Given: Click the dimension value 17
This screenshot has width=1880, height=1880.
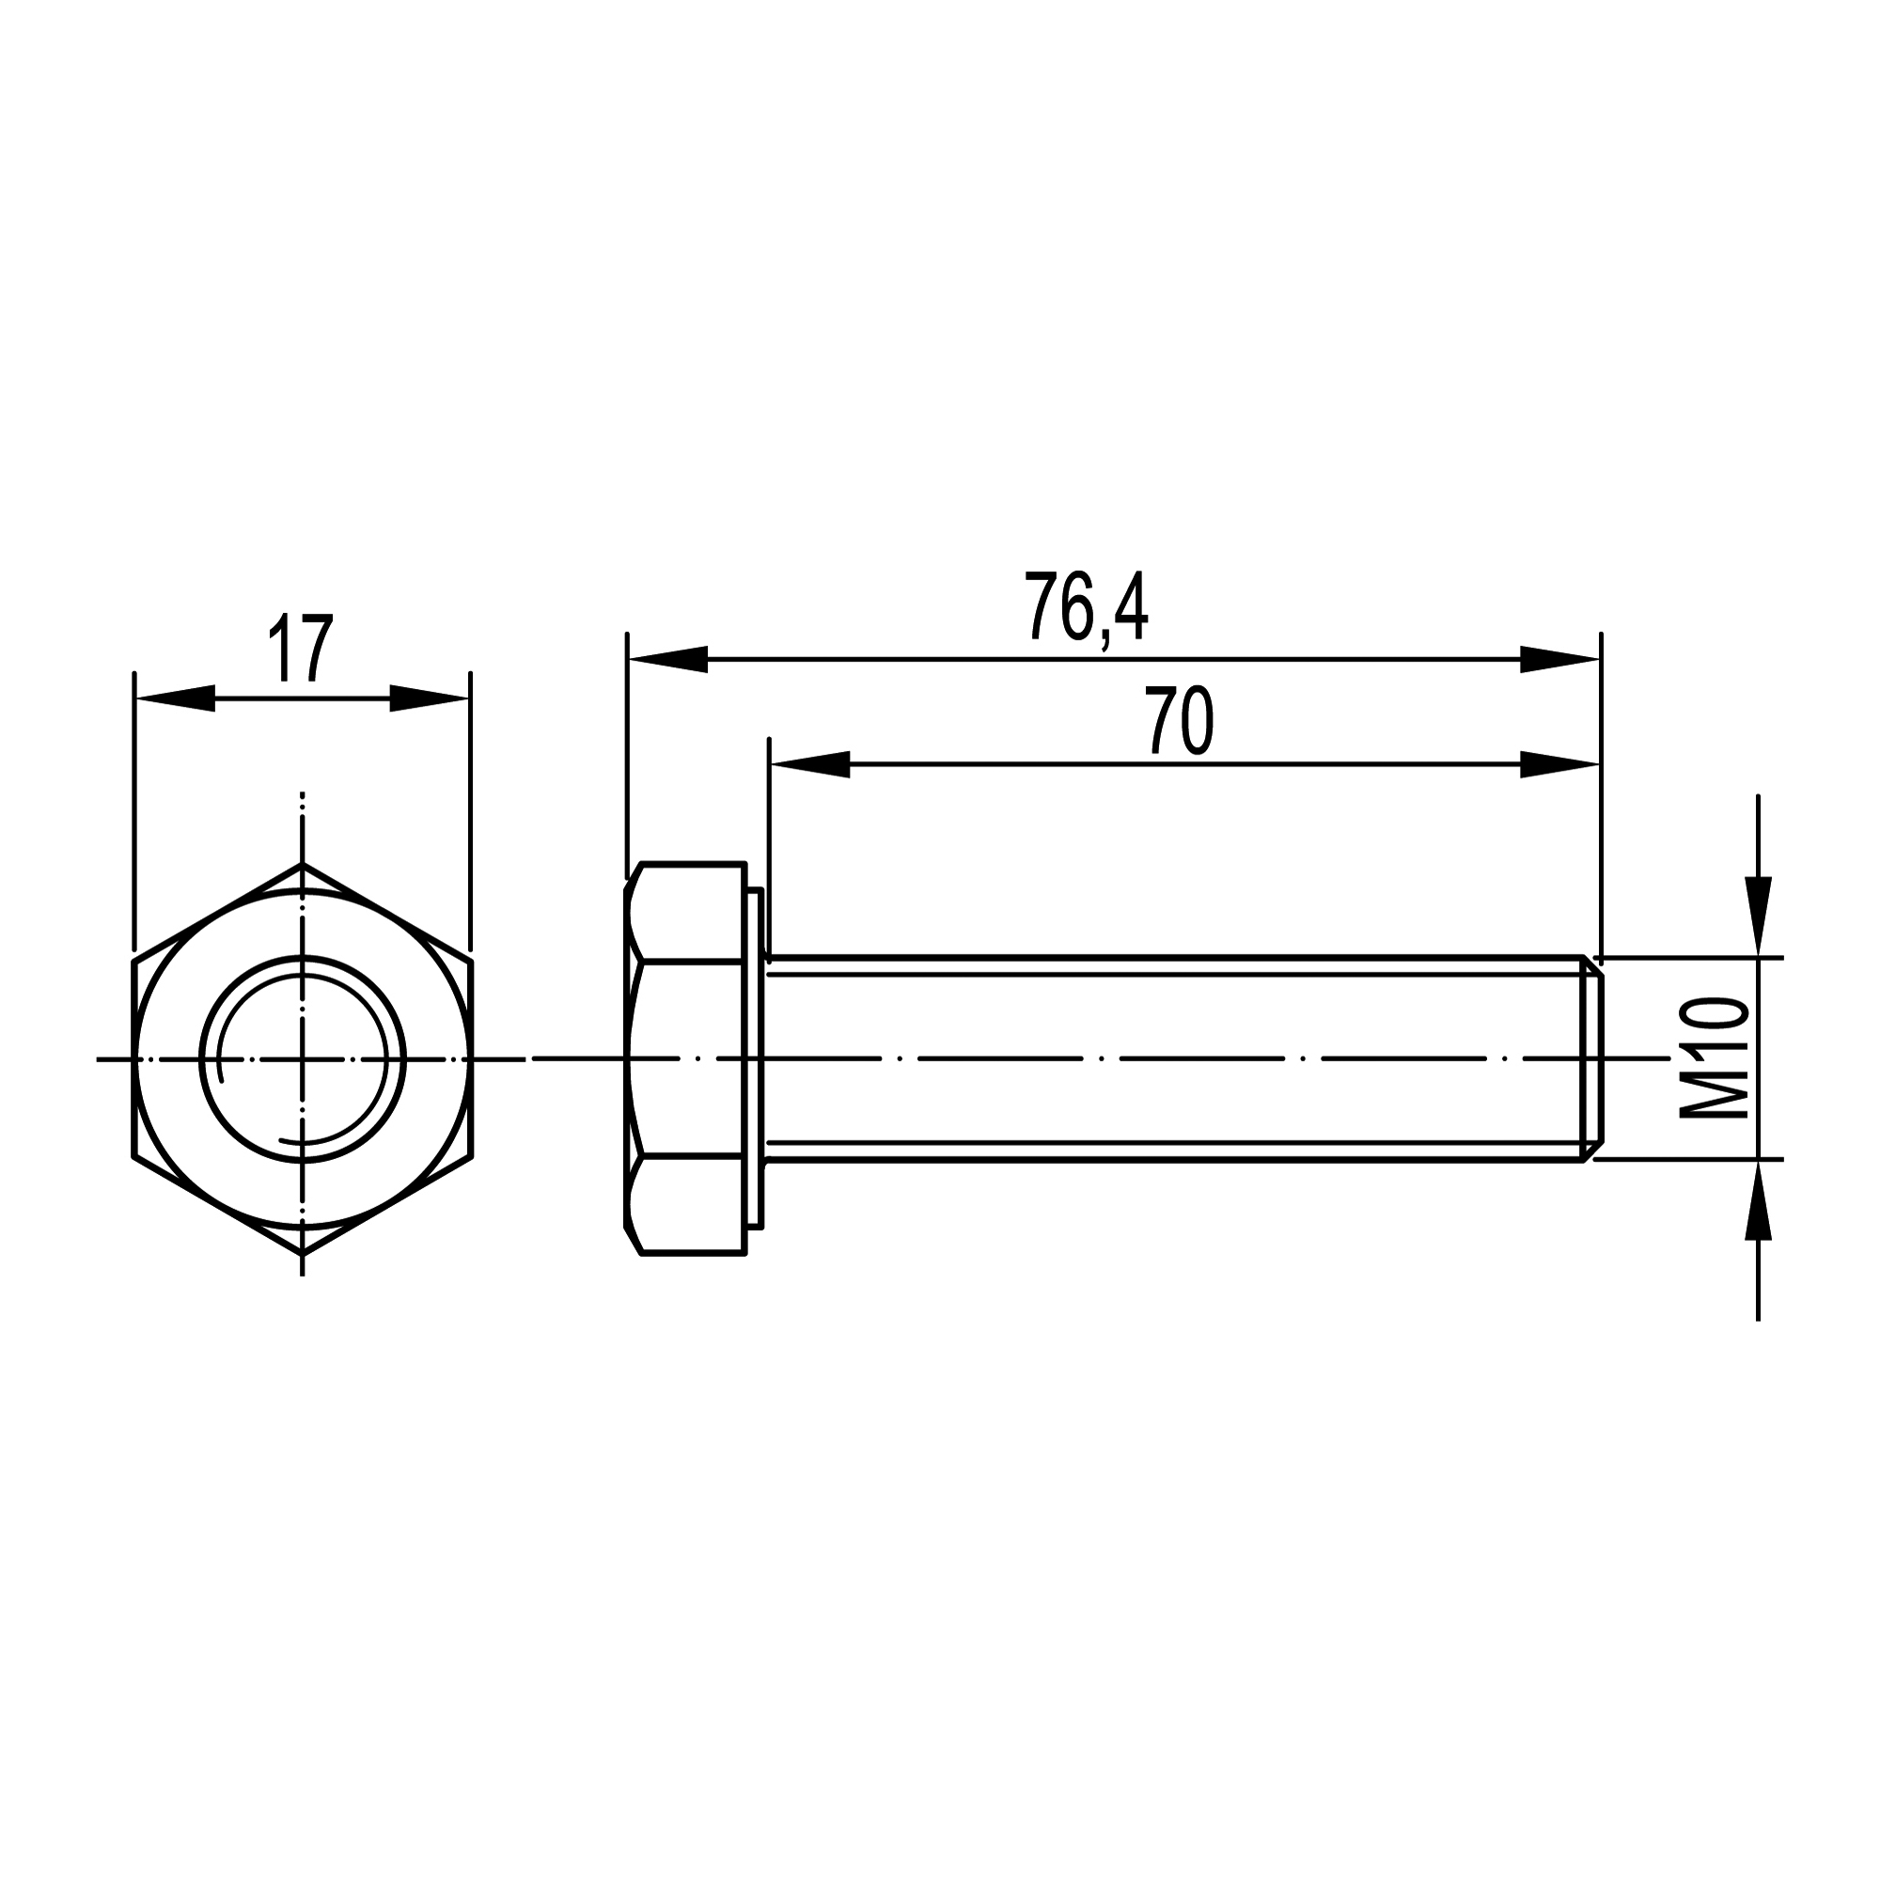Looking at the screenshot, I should click(301, 648).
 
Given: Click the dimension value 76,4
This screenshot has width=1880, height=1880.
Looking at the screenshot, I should click(1086, 608).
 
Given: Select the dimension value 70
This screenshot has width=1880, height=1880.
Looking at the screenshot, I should click(1180, 721).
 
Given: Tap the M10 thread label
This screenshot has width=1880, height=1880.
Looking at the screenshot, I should click(1715, 1057).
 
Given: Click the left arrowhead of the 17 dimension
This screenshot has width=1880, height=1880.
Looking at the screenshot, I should click(175, 698).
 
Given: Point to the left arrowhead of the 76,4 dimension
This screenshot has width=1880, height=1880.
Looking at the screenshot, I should click(667, 660).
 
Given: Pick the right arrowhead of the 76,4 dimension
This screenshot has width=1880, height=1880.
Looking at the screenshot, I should click(1559, 660).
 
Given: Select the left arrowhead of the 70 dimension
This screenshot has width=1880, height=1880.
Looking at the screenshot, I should click(808, 765).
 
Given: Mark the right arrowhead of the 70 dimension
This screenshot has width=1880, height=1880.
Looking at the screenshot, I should click(1559, 765).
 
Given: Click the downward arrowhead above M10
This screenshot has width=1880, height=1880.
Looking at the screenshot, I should click(1758, 916).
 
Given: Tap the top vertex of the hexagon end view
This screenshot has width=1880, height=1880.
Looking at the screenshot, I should click(303, 864).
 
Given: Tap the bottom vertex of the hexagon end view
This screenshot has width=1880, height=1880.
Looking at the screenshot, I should click(303, 1253).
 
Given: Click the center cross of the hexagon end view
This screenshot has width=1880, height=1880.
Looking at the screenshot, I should click(303, 1057).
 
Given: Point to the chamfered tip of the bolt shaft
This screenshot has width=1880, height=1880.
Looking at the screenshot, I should click(1592, 1057).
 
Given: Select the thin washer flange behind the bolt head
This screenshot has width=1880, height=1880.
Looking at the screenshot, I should click(755, 1057).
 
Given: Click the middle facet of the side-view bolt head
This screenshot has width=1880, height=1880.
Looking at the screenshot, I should click(687, 1057).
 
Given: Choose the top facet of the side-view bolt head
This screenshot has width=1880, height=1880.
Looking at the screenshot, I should click(687, 912).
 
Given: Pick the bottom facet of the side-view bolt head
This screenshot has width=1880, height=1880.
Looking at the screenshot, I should click(687, 1205).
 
